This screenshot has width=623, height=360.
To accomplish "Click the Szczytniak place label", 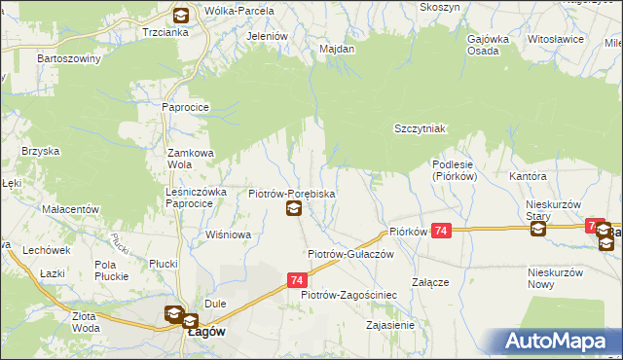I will (x=420, y=128).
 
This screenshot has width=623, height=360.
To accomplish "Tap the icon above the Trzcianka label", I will (x=181, y=15).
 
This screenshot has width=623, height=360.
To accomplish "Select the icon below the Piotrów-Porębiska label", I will (x=293, y=209).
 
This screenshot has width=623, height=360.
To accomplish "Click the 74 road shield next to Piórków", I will (x=442, y=231).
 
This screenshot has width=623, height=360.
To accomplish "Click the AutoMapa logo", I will (x=560, y=342).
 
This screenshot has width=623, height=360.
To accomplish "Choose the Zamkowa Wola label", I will (x=191, y=159).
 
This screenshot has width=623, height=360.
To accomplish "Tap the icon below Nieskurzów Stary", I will (x=538, y=230).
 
